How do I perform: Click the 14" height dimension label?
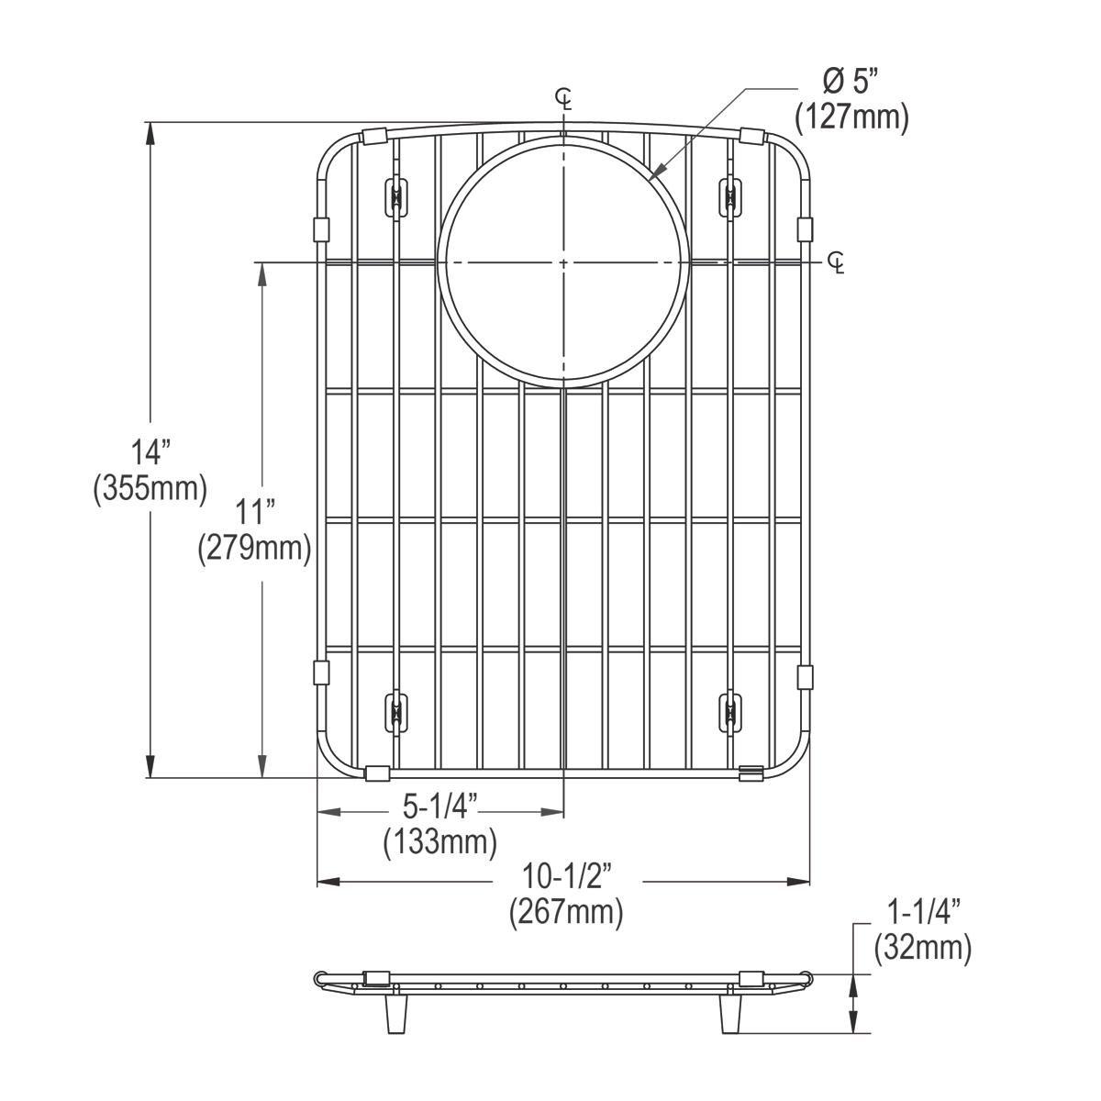150,452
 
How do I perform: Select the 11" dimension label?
255,511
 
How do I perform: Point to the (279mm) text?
255,549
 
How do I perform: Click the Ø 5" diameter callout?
851,83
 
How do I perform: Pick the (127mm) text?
851,118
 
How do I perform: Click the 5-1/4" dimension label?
440,806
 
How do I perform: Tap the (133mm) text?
440,842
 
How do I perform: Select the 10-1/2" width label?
567,876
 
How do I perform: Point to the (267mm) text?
567,912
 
